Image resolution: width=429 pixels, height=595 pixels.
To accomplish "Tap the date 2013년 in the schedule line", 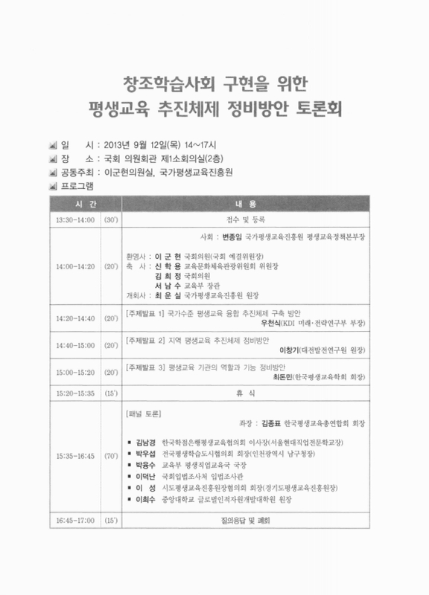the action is click(x=117, y=146).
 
